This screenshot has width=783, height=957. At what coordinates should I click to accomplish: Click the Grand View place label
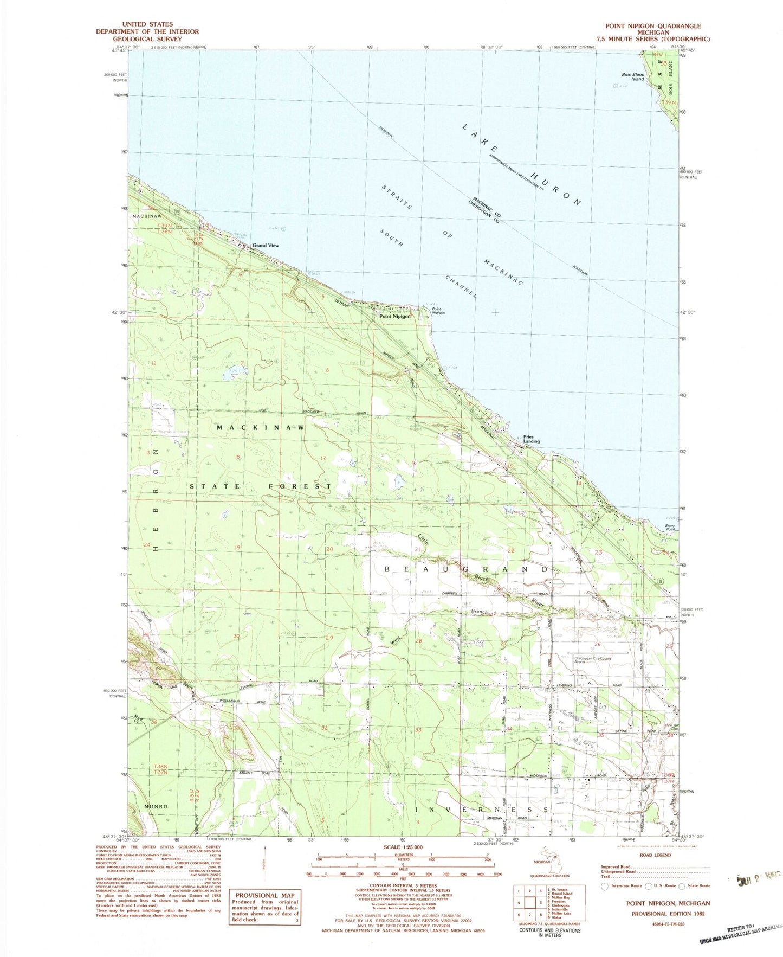(266, 246)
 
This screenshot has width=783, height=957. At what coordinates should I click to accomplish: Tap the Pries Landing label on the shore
(531, 439)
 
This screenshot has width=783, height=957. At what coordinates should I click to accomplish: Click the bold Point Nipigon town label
(394, 316)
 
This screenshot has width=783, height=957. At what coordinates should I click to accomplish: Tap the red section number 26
(597, 644)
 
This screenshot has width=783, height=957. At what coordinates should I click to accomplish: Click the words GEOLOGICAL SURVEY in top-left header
(147, 38)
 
